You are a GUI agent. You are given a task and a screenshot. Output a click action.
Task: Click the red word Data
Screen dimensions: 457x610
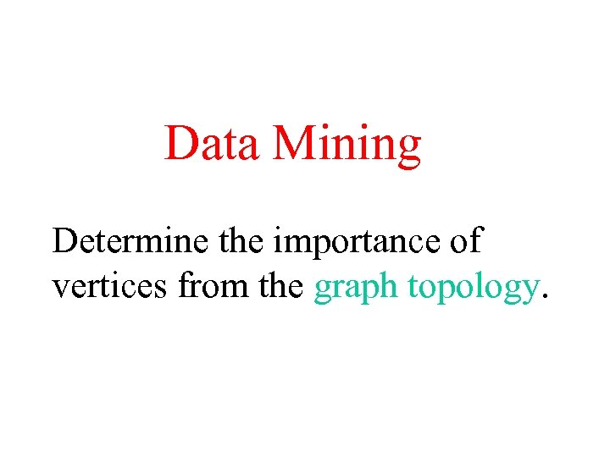tap(212, 143)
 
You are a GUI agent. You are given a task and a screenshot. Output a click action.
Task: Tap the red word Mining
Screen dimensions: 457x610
tap(347, 145)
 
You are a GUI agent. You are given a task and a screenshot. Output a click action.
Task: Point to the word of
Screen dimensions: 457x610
tap(463, 241)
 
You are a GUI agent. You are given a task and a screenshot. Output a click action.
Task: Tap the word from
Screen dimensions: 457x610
tap(206, 287)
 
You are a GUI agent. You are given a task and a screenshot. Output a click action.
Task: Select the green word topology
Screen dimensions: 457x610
tap(472, 289)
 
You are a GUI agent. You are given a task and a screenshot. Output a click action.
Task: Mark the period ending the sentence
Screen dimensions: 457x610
tap(545, 297)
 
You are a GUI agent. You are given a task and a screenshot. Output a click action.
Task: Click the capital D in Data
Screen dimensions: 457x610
tap(180, 143)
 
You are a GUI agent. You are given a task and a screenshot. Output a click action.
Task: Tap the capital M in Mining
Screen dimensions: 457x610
tap(291, 143)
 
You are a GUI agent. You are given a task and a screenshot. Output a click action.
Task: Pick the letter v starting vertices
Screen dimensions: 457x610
tap(60, 289)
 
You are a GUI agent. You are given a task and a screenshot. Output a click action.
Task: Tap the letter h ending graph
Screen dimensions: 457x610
tap(387, 286)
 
